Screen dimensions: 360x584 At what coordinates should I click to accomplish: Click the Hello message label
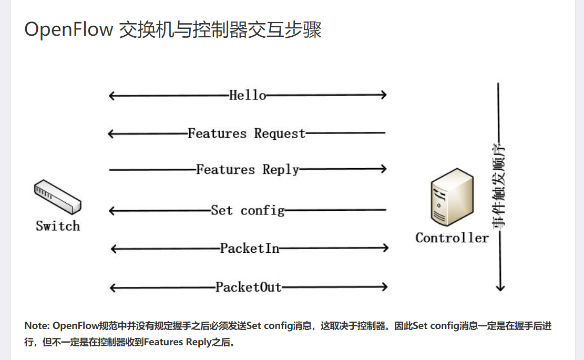coord(248,95)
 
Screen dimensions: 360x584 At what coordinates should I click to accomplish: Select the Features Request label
coord(247,133)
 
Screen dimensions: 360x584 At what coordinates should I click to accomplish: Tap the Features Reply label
coord(248,169)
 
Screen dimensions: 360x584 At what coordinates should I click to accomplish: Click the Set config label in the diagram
coord(248,210)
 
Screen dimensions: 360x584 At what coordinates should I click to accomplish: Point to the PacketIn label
coord(250,248)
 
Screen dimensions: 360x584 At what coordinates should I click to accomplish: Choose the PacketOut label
coord(249,287)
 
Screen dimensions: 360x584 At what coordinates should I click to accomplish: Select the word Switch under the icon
coord(58,226)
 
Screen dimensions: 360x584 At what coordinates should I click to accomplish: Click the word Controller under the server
coord(452,238)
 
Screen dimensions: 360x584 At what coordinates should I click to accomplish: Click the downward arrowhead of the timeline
coord(500,287)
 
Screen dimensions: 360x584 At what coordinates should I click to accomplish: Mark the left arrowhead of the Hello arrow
coord(111,95)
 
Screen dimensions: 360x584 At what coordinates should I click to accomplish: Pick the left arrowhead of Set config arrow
coord(111,211)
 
